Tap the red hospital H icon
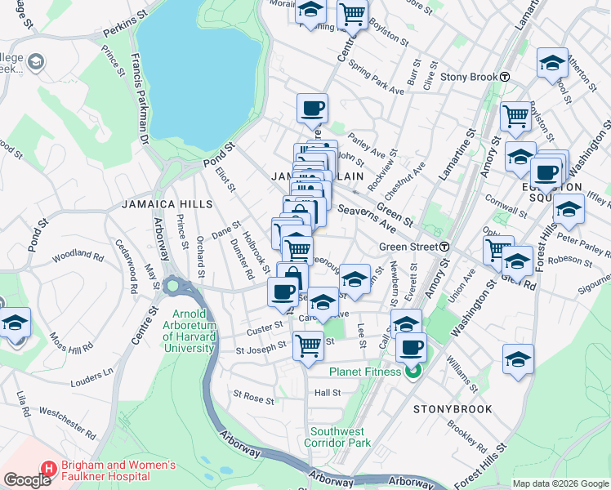[x=48, y=470]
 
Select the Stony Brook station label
[x=469, y=77]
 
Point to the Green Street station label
[x=408, y=247]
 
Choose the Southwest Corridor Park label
[x=340, y=437]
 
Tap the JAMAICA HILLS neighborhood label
[x=156, y=204]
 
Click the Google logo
[x=28, y=480]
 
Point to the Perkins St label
[x=123, y=32]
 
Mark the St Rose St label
[x=253, y=398]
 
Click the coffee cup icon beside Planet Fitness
[x=411, y=348]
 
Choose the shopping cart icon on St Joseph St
[x=308, y=346]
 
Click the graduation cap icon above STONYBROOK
[x=518, y=359]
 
